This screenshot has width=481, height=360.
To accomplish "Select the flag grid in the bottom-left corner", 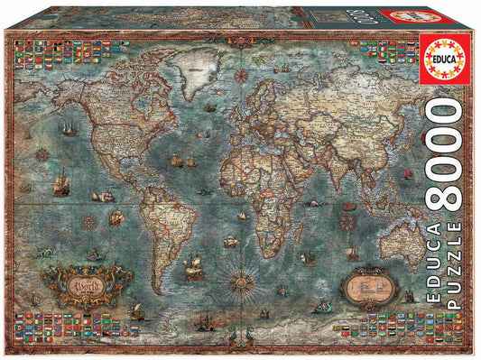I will coord(54,323).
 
